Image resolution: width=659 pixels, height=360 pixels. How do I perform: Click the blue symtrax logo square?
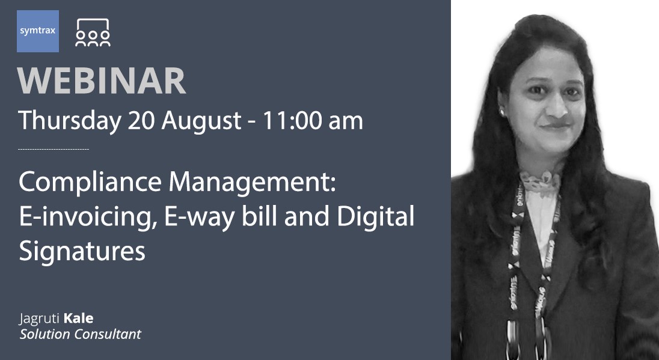point(38,31)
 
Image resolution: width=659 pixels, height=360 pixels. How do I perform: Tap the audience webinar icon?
point(93,32)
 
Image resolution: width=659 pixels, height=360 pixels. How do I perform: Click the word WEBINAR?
point(102,81)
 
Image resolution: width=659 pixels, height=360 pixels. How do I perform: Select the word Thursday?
point(69,121)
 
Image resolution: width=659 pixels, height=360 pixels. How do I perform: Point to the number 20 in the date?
point(142,121)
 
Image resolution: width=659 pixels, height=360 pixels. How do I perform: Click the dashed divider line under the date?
point(54,148)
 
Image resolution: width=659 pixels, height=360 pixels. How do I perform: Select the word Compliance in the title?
point(90,183)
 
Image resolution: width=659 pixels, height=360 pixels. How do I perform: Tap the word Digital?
point(376,217)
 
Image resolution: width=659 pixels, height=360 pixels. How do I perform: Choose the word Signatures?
point(82,251)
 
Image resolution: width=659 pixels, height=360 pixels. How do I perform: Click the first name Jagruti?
point(40,319)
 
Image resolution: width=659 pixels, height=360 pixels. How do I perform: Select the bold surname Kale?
point(78,318)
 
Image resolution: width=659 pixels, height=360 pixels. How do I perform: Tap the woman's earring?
point(501,112)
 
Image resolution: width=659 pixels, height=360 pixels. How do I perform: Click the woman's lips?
point(556,125)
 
